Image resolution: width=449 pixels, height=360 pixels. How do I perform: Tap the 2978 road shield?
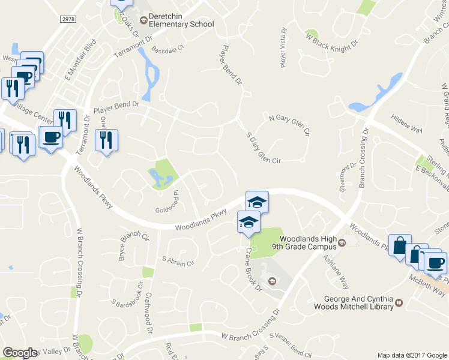tap(69, 20)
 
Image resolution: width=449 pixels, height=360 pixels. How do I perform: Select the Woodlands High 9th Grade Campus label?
tap(305, 242)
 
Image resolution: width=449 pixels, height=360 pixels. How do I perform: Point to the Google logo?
tap(19, 353)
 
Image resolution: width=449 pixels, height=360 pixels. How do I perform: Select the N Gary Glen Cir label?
tap(289, 124)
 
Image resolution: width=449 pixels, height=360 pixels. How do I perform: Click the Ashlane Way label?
tap(336, 269)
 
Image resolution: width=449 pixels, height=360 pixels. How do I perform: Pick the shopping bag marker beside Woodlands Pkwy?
tap(399, 245)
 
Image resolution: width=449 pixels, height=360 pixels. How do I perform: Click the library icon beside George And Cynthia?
tap(398, 305)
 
